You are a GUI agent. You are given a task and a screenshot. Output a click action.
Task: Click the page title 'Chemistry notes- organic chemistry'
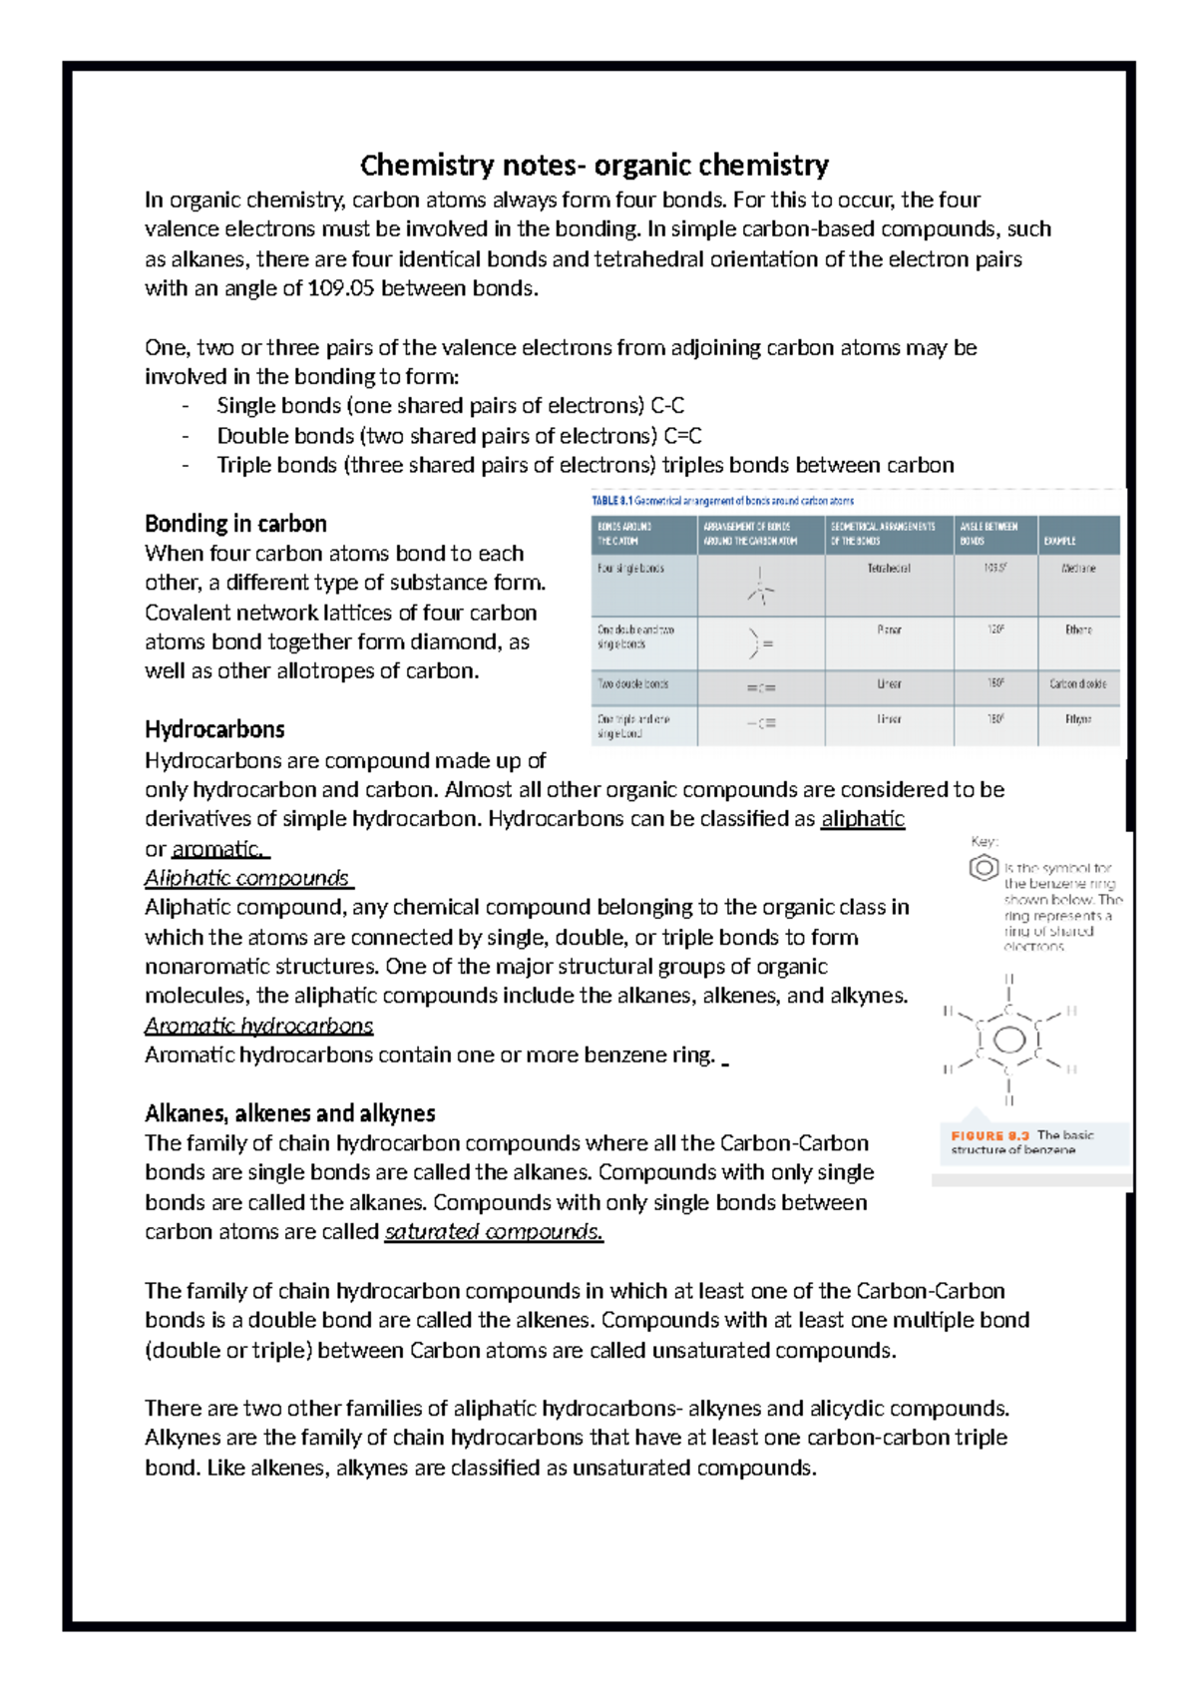[x=595, y=165]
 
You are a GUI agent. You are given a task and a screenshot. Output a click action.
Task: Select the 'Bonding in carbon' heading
[x=235, y=524]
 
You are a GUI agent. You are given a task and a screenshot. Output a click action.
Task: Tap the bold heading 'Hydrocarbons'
[x=214, y=729]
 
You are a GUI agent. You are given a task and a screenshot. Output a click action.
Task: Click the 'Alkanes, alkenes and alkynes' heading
[x=289, y=1113]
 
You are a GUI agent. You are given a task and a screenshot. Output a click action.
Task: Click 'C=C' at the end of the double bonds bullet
[x=682, y=436]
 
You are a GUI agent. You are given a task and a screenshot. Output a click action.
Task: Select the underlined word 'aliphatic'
[x=862, y=819]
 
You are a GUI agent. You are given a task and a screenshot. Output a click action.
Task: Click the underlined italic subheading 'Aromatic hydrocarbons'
[x=258, y=1026]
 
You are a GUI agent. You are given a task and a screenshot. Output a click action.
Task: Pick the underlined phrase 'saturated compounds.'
[x=494, y=1232]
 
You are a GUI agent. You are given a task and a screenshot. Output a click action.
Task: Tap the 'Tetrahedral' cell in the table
[x=888, y=569]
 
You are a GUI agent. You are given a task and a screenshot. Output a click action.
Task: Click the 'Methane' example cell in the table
[x=1078, y=569]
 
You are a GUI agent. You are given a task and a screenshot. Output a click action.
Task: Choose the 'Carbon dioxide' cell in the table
[x=1078, y=684]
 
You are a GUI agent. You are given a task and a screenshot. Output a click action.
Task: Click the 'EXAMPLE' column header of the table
[x=1059, y=541]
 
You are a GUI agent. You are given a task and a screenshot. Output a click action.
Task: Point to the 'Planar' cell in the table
[x=888, y=631]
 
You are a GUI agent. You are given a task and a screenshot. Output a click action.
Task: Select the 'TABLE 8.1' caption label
[x=611, y=501]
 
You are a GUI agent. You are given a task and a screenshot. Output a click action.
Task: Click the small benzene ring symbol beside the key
[x=984, y=868]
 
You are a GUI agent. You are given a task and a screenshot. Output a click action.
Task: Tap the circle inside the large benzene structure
[x=1008, y=1041]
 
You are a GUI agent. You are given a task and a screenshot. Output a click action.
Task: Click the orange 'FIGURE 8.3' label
[x=990, y=1135]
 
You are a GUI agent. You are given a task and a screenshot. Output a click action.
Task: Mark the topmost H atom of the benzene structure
[x=1008, y=979]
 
